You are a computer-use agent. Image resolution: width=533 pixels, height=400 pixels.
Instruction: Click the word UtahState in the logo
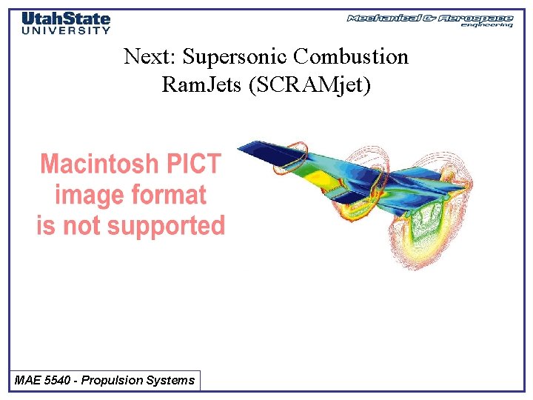tap(66, 19)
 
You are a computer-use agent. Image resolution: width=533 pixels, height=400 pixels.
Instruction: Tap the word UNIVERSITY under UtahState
tap(66, 30)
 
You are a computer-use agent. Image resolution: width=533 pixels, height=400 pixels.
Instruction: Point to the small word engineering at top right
tap(486, 25)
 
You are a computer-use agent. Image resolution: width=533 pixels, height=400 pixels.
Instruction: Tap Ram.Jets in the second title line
tap(202, 85)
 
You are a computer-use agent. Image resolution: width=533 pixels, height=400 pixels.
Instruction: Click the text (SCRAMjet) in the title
tap(310, 85)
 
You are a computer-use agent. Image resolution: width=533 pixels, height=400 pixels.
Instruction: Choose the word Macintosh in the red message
tap(99, 164)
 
